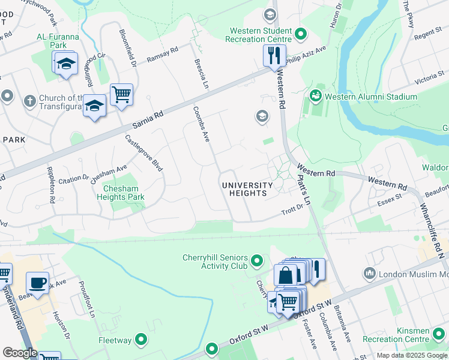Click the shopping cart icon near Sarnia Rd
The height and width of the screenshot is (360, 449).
coord(121,94)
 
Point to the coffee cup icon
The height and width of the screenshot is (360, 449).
coord(37,283)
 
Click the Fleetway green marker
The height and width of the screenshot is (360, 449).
coord(141,340)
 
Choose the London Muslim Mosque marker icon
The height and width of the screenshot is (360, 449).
coord(369,274)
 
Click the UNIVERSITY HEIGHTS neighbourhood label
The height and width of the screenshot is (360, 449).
coord(252,189)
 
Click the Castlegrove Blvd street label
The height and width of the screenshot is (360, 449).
coord(144,153)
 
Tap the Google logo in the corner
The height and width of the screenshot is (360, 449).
coord(20,353)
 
